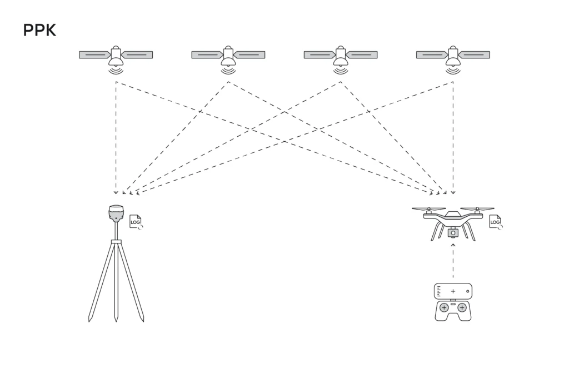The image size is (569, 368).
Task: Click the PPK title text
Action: (39, 30)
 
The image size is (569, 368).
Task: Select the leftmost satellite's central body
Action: (116, 56)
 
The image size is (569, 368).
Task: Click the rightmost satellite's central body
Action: (453, 56)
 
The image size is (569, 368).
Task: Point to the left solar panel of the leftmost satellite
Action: (94, 55)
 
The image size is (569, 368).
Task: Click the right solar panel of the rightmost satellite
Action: (475, 55)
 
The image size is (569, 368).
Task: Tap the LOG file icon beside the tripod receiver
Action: (136, 222)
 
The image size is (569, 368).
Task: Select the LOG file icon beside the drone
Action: (495, 222)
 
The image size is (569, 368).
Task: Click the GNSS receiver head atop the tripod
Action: (116, 213)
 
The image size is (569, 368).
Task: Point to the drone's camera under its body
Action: (453, 232)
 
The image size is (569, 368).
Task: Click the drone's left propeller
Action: (429, 209)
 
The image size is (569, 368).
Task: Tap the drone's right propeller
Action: (477, 209)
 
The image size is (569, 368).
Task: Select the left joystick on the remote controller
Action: (444, 308)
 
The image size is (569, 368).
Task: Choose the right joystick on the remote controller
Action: (462, 308)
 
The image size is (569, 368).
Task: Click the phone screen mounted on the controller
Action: (453, 291)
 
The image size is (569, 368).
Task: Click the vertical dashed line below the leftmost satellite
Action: (116, 138)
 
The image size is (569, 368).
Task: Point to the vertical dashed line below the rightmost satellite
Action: (453, 138)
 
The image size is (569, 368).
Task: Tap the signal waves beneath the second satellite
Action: (228, 70)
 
